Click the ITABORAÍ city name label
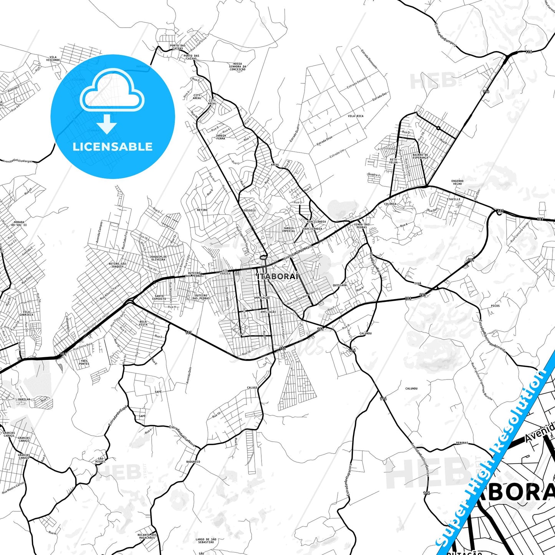click(278, 277)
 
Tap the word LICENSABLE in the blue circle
click(113, 147)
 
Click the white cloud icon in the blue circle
click(112, 91)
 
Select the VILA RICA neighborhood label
click(355, 116)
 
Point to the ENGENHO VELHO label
click(457, 182)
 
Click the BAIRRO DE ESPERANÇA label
click(420, 156)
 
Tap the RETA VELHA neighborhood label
click(393, 161)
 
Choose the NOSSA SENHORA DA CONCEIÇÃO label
click(237, 67)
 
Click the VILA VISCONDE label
click(53, 59)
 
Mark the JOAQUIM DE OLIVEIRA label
click(158, 258)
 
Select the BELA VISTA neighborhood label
click(143, 323)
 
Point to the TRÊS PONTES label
click(84, 362)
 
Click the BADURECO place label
click(193, 462)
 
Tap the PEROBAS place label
click(462, 443)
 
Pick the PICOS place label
click(495, 306)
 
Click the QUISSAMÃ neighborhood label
click(340, 285)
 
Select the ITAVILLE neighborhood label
click(453, 199)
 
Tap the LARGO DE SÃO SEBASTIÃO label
click(206, 540)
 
